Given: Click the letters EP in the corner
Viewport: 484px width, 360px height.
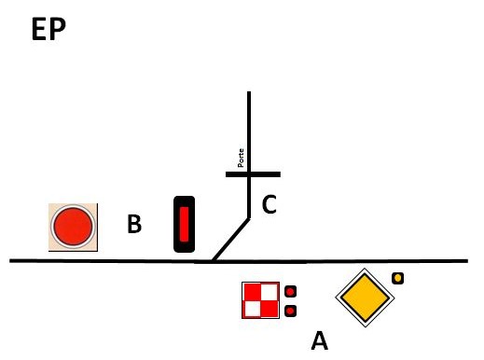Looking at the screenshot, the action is (48, 29).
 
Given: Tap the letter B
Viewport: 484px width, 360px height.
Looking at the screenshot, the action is (134, 224).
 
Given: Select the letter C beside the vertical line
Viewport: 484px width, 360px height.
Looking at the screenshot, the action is (270, 204).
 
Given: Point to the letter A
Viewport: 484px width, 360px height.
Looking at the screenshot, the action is (320, 340).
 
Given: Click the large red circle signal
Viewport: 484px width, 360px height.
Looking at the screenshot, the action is (73, 227).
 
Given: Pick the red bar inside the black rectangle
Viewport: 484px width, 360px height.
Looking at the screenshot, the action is (184, 224).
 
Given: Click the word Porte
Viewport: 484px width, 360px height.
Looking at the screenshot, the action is (241, 158).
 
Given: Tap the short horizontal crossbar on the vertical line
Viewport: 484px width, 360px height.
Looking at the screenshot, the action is (253, 174).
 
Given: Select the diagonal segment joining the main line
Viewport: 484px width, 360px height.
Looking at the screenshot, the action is (230, 240).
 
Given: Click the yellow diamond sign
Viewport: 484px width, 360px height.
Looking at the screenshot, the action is (365, 298).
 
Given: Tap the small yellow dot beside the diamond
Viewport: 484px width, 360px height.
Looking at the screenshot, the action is (397, 278).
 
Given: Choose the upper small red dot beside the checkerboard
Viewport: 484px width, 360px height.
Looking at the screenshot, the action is (290, 292).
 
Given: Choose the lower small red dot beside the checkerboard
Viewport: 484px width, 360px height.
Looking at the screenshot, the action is (290, 311).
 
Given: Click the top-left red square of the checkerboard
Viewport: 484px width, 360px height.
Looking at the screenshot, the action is (252, 292).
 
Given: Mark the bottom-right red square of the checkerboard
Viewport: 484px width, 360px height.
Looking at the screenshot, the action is (270, 309).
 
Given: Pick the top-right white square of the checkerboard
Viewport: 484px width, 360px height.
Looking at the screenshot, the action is (270, 292).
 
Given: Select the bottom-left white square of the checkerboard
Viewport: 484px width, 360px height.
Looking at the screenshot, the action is (252, 309).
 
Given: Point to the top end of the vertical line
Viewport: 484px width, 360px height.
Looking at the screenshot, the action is (249, 91).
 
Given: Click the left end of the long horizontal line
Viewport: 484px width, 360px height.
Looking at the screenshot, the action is (10, 260).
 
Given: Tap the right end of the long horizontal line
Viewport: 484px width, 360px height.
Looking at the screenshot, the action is (467, 261).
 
